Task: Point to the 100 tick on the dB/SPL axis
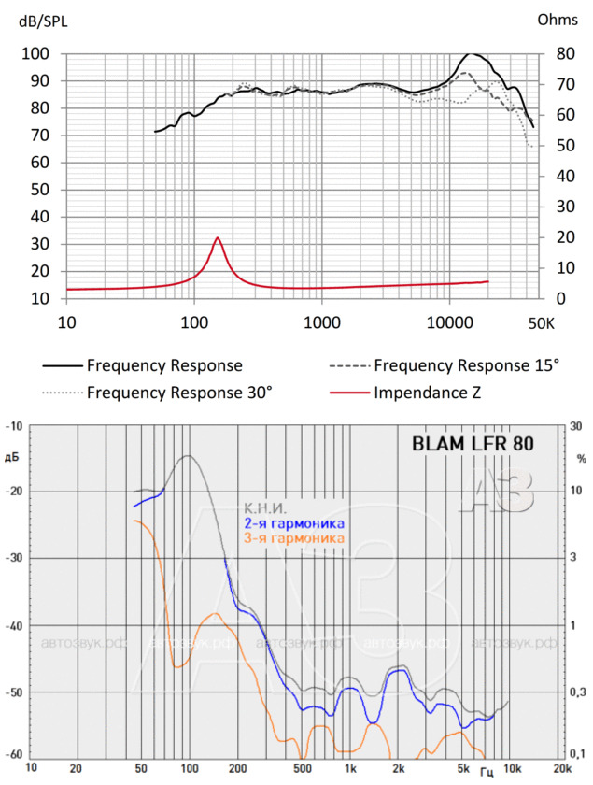click(36, 53)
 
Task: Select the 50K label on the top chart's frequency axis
click(541, 322)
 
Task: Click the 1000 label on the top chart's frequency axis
click(321, 322)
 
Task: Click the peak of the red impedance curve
click(218, 237)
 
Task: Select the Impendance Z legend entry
click(428, 392)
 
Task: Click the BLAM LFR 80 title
click(473, 445)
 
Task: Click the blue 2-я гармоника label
click(292, 523)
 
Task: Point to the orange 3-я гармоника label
click(292, 538)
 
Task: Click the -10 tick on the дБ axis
click(16, 427)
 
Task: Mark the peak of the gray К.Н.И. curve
click(188, 456)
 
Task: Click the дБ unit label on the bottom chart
click(13, 457)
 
